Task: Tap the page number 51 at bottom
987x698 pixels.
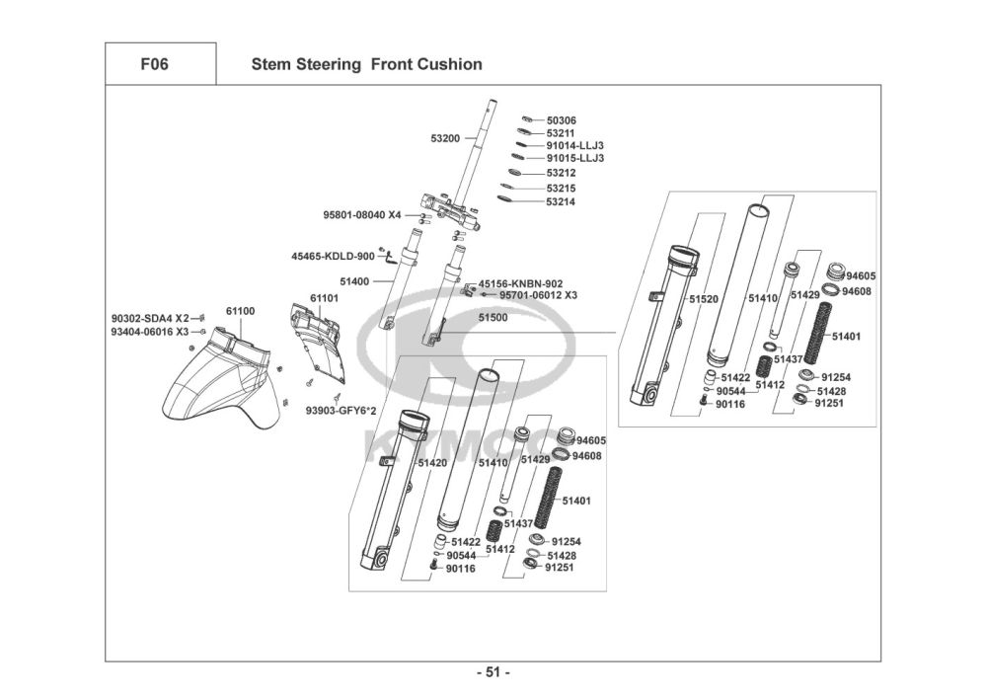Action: (x=493, y=673)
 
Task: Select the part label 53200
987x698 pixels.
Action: (x=445, y=139)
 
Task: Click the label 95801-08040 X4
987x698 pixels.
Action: (x=362, y=215)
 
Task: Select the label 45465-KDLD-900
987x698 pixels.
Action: (x=333, y=257)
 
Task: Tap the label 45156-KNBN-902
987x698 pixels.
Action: (x=520, y=283)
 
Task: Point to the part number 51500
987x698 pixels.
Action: (x=493, y=318)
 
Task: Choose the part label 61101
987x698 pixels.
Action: (x=324, y=297)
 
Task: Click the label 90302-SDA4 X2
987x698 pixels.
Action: (x=149, y=319)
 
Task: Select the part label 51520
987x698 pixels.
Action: (x=704, y=298)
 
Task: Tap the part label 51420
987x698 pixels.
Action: (x=432, y=463)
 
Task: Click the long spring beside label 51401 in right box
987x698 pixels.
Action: (x=817, y=334)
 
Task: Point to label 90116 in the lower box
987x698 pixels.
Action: (x=460, y=569)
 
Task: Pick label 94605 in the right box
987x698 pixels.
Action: (x=861, y=276)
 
